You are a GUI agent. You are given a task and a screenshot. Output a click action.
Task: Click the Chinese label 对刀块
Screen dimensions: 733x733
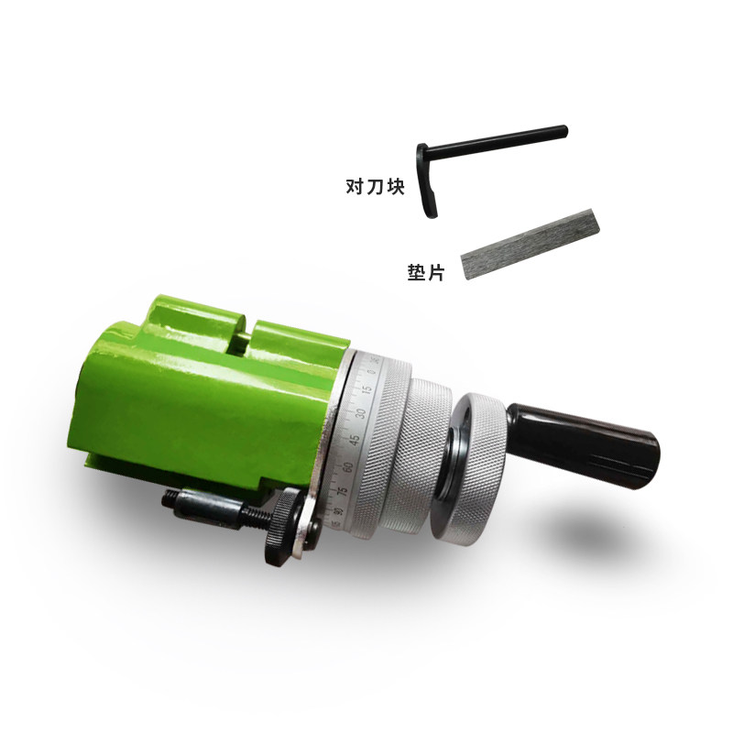375,186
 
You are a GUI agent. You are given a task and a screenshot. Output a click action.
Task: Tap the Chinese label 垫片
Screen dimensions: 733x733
425,272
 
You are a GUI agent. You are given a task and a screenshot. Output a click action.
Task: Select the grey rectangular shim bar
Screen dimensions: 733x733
531,244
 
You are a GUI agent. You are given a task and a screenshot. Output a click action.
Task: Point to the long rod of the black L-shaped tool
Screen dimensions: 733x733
497,140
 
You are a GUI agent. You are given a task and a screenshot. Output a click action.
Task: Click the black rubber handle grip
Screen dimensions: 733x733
584,444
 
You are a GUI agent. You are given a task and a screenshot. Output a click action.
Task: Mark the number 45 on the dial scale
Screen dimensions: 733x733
356,440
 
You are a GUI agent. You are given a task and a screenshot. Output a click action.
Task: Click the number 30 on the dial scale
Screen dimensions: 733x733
360,413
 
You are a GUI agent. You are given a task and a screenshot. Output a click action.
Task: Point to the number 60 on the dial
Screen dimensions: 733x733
348,466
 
